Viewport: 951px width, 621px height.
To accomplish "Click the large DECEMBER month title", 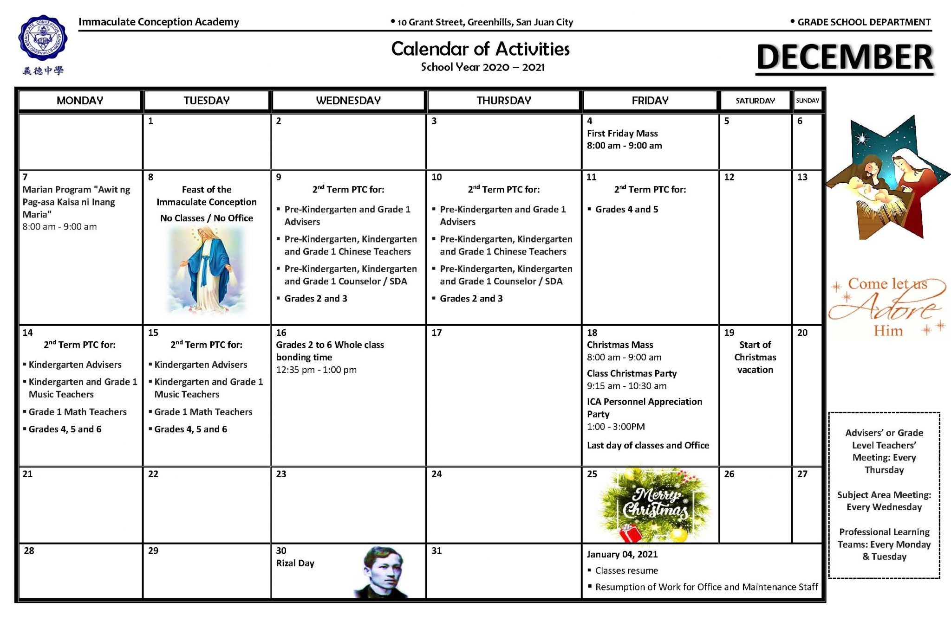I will [844, 57].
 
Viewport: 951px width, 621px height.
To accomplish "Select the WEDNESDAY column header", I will [348, 101].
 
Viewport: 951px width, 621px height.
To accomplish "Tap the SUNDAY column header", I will [808, 101].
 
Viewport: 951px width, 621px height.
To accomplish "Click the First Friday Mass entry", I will [622, 134].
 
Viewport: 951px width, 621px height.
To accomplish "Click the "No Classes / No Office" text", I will [207, 218].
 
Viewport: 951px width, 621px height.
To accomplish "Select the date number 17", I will [436, 333].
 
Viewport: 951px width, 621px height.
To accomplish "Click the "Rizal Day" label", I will [295, 563].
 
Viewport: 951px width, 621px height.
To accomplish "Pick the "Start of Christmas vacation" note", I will [755, 357].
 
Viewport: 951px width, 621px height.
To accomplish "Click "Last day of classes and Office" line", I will [648, 446].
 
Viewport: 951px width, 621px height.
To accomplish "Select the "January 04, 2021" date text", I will [622, 555].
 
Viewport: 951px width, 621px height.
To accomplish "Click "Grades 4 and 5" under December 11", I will [626, 210].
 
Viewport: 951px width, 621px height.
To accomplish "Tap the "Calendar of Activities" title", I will [480, 49].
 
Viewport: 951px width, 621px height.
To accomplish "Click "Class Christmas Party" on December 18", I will [632, 374].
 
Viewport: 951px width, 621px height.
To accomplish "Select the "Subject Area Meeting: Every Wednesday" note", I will [884, 501].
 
